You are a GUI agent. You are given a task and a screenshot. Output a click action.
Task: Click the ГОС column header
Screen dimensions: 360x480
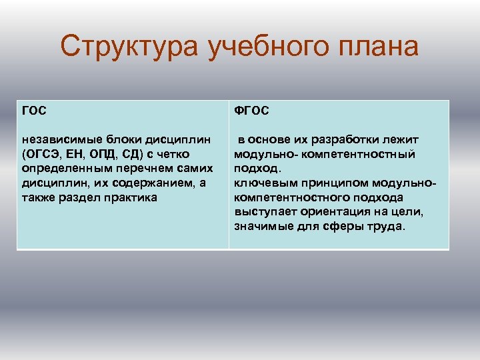[35, 111]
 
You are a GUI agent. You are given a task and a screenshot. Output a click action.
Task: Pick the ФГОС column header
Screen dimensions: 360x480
[251, 111]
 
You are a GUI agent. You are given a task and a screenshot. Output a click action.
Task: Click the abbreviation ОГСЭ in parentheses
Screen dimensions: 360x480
[43, 155]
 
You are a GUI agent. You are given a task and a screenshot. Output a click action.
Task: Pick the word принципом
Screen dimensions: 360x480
[323, 183]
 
